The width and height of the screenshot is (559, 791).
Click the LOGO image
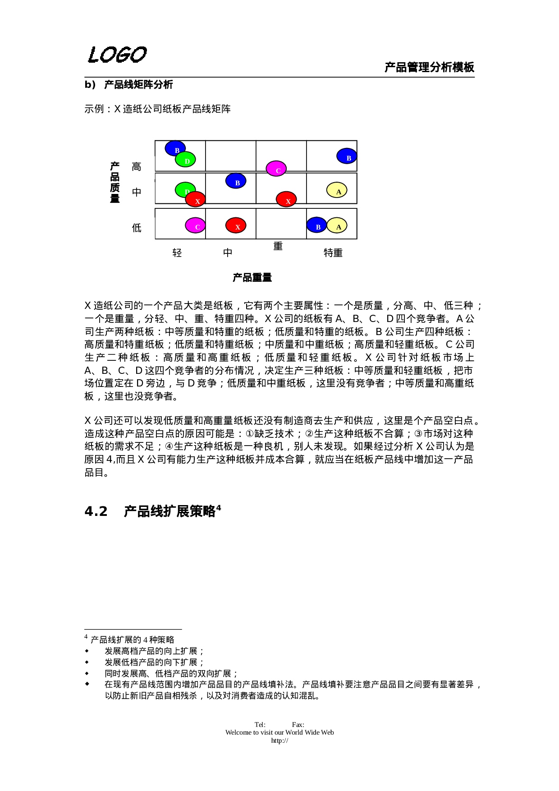[118, 55]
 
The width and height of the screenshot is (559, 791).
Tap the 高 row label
[137, 167]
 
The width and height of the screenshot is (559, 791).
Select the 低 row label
[137, 228]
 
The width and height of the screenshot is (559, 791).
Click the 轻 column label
[178, 253]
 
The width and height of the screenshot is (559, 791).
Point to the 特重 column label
[334, 253]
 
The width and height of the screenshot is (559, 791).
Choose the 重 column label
[279, 247]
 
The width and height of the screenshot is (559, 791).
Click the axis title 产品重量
[253, 278]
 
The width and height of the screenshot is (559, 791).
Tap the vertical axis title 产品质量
[115, 182]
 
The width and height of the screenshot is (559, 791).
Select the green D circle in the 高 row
[186, 160]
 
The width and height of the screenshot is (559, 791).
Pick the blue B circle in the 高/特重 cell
[347, 156]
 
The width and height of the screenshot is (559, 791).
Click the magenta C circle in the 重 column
[276, 169]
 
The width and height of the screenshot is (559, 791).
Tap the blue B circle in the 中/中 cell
[236, 181]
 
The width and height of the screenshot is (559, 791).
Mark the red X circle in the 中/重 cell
[286, 199]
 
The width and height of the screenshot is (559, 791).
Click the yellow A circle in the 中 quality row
[337, 190]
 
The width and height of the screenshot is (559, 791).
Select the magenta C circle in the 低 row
[195, 225]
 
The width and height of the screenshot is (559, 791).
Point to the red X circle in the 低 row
[236, 225]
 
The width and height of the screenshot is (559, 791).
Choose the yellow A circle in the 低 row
[337, 225]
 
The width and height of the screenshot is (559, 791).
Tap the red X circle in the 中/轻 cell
[196, 199]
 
